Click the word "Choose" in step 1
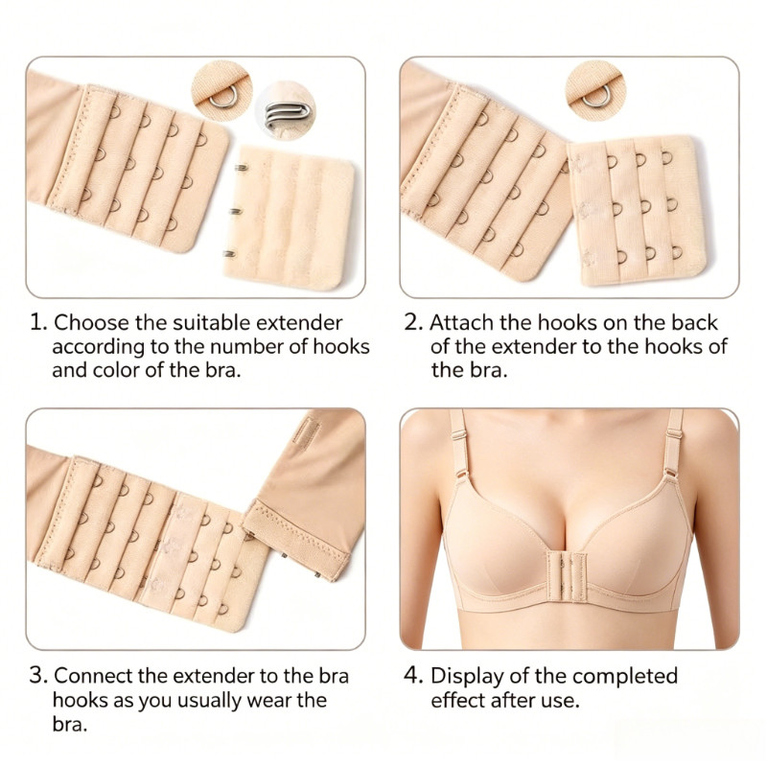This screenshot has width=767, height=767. (x=91, y=323)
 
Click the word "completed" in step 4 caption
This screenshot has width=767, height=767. (x=625, y=677)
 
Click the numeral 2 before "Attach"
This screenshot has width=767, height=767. (x=412, y=323)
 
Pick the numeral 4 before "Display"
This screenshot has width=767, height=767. (x=412, y=676)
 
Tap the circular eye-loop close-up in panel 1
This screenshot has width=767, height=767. (x=222, y=91)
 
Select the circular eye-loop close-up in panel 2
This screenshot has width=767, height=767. (x=594, y=91)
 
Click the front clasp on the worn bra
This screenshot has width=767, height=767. (x=567, y=573)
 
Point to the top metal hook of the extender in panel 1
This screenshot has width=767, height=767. (x=240, y=168)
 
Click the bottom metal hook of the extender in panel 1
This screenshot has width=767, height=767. (x=229, y=253)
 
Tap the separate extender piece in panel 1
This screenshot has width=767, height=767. (x=289, y=219)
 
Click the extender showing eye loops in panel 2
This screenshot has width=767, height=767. (x=637, y=211)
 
